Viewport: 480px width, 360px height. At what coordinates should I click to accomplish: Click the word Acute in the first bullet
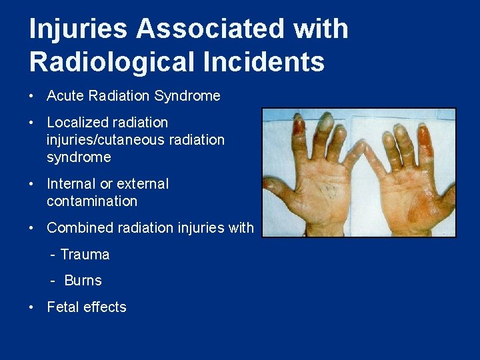64,96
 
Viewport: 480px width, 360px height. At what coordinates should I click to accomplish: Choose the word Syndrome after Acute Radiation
187,96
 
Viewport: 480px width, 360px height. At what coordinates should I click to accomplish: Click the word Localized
75,123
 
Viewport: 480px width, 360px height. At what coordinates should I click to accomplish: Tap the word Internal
73,184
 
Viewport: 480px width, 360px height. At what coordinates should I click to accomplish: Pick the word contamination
92,201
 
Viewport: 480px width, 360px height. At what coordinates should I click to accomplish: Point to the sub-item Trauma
85,255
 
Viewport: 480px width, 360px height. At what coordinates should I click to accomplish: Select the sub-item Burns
83,281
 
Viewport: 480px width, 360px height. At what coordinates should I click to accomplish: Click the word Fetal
65,307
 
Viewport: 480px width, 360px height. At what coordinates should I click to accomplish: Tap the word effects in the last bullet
106,307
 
